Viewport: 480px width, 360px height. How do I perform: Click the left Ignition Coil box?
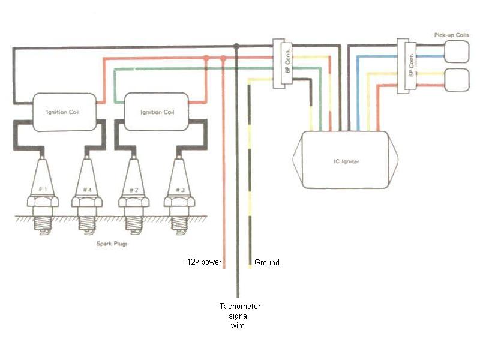(64, 112)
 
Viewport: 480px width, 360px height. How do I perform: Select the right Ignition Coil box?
(157, 112)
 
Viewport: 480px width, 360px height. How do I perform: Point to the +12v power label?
(202, 263)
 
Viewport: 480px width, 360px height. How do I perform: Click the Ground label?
(267, 263)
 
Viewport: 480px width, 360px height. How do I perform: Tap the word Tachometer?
(240, 307)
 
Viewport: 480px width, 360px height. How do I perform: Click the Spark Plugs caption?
(111, 244)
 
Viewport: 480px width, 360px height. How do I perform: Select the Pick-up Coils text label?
(452, 36)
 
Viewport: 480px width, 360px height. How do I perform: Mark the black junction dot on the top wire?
(237, 46)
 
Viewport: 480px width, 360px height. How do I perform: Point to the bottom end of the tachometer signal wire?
(238, 296)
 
